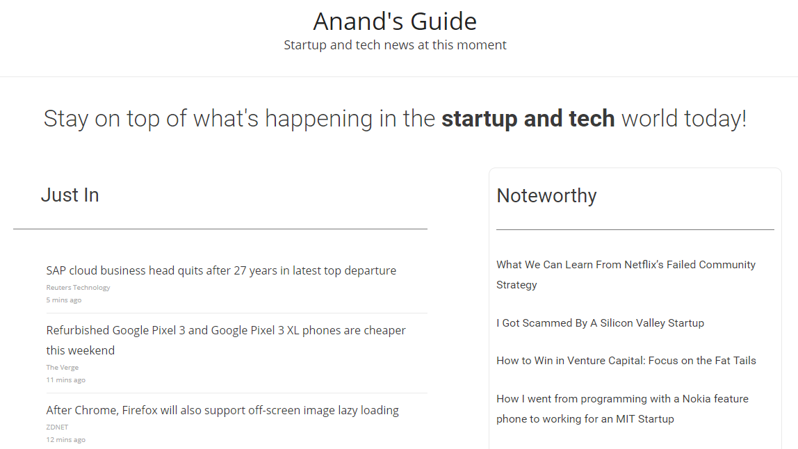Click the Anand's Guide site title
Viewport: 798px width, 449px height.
(395, 22)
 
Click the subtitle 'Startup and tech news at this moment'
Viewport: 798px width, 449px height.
(395, 45)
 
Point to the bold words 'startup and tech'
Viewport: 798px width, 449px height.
(528, 119)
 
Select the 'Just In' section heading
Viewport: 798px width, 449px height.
(70, 195)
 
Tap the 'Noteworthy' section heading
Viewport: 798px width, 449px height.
(546, 196)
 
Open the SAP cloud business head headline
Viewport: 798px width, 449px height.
(221, 270)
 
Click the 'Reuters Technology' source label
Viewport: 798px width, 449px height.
(78, 288)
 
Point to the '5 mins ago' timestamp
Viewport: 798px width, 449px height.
(64, 300)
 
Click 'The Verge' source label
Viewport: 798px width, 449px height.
(63, 368)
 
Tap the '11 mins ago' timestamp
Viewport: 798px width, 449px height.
(66, 380)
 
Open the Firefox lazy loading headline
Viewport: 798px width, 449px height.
(222, 411)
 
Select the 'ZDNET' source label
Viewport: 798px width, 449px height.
(57, 427)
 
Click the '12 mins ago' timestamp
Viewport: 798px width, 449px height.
(66, 440)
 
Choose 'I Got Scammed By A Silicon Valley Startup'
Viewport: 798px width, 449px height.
(600, 323)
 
